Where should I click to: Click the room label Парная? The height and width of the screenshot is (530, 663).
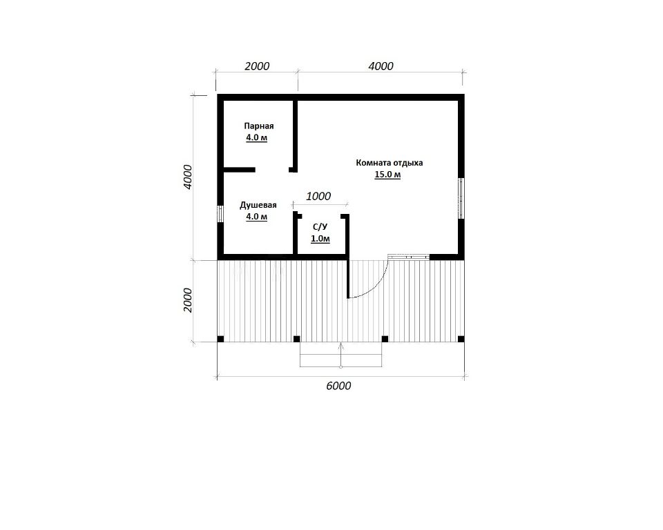pyautogui.click(x=259, y=126)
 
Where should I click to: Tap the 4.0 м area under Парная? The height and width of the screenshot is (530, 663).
pyautogui.click(x=257, y=138)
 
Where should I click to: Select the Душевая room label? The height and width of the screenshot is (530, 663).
pyautogui.click(x=258, y=206)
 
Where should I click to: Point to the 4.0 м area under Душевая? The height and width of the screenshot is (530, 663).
pyautogui.click(x=257, y=217)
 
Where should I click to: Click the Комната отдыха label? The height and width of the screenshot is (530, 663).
pyautogui.click(x=390, y=163)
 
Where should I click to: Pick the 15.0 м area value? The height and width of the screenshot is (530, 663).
pyautogui.click(x=387, y=175)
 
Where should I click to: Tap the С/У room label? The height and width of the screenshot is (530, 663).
pyautogui.click(x=320, y=227)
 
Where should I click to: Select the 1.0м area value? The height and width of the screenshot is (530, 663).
pyautogui.click(x=320, y=239)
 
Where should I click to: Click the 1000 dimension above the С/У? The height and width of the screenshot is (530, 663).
pyautogui.click(x=318, y=196)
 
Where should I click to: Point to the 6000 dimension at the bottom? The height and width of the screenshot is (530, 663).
pyautogui.click(x=338, y=386)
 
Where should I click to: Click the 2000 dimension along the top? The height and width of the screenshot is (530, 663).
pyautogui.click(x=257, y=66)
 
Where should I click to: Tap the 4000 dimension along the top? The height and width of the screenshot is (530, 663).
pyautogui.click(x=381, y=66)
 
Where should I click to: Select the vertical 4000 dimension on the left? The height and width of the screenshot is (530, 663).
pyautogui.click(x=188, y=177)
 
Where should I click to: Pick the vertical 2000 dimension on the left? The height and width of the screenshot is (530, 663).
pyautogui.click(x=188, y=300)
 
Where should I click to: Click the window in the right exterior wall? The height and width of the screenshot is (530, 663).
pyautogui.click(x=461, y=198)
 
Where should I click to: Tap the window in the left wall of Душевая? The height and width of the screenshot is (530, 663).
pyautogui.click(x=220, y=213)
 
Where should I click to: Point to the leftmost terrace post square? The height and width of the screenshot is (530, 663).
pyautogui.click(x=220, y=339)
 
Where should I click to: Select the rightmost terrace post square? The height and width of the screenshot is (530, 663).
pyautogui.click(x=461, y=339)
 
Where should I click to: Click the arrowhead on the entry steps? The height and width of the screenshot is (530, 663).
pyautogui.click(x=340, y=345)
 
